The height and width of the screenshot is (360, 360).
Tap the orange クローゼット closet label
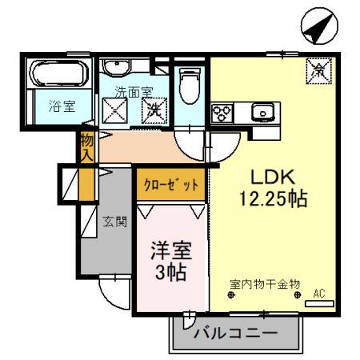(x=170, y=185)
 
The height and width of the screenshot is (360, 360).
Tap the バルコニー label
(x=235, y=332)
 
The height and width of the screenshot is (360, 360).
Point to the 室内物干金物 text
(x=265, y=284)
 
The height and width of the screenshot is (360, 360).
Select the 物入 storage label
(x=87, y=146)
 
